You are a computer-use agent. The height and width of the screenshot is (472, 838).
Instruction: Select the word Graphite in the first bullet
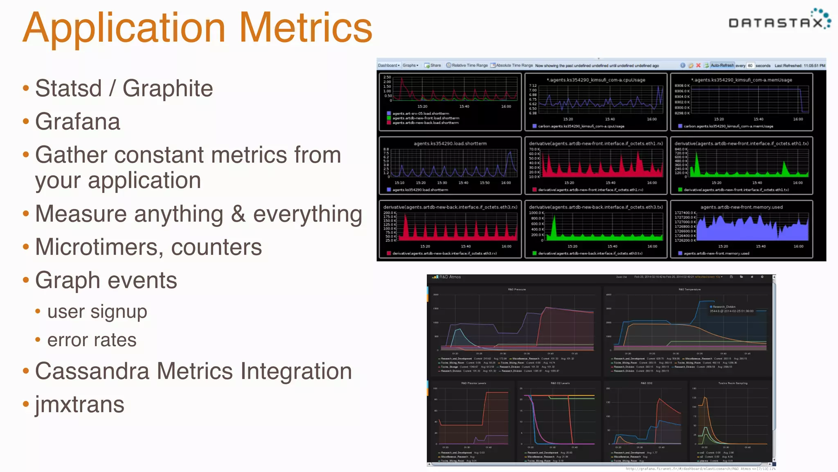click(x=167, y=88)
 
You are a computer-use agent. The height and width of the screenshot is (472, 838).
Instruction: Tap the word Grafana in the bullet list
click(x=78, y=122)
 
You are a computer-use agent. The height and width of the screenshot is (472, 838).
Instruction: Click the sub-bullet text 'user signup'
click(x=97, y=311)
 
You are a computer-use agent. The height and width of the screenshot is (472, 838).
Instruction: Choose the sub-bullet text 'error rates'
click(x=92, y=340)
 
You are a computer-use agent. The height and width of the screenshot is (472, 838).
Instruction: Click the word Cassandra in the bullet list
click(x=92, y=371)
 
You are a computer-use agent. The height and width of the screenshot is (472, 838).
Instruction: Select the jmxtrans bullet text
click(x=80, y=404)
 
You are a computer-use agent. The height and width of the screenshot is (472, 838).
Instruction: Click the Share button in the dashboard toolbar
click(x=433, y=66)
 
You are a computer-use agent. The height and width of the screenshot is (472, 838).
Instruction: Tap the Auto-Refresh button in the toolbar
click(x=722, y=66)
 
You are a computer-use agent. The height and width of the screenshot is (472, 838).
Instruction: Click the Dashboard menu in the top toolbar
click(x=388, y=66)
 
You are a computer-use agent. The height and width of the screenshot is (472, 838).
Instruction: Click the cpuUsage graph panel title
click(x=596, y=80)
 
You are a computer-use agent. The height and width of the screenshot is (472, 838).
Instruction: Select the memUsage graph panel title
click(x=741, y=80)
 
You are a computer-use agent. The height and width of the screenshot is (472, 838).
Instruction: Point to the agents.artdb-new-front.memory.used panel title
click(x=741, y=207)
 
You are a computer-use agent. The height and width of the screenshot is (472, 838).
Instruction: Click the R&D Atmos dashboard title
click(x=450, y=277)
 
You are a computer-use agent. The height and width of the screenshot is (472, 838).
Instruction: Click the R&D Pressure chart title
click(x=517, y=289)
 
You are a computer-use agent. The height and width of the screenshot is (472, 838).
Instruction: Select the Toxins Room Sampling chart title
click(x=733, y=383)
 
